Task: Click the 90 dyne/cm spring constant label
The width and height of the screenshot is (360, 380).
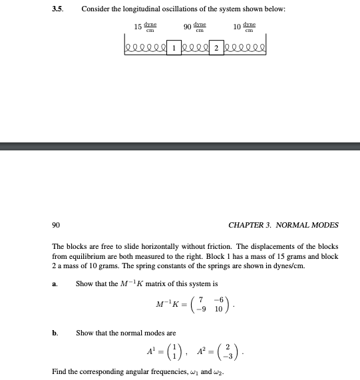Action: tap(195, 27)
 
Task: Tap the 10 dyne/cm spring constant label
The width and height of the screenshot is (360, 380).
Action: tap(245, 27)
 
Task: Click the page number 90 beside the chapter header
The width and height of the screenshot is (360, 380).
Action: tap(56, 225)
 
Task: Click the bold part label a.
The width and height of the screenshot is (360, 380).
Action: tap(54, 284)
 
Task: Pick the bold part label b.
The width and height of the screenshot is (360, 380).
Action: tap(55, 331)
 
